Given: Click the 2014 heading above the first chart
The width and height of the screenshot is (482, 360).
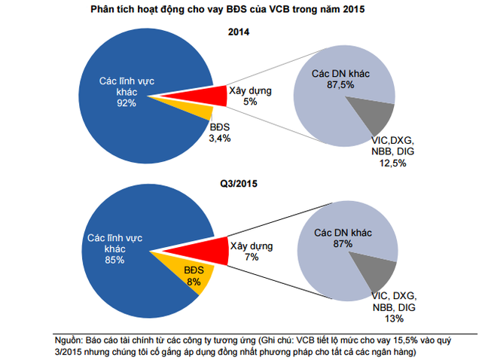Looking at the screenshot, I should pyautogui.click(x=239, y=33).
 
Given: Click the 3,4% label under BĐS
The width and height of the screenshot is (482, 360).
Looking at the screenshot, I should pyautogui.click(x=220, y=139).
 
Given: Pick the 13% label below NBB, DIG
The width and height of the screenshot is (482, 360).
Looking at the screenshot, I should pyautogui.click(x=395, y=318).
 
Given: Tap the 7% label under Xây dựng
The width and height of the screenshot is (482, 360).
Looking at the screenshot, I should pyautogui.click(x=252, y=258).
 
